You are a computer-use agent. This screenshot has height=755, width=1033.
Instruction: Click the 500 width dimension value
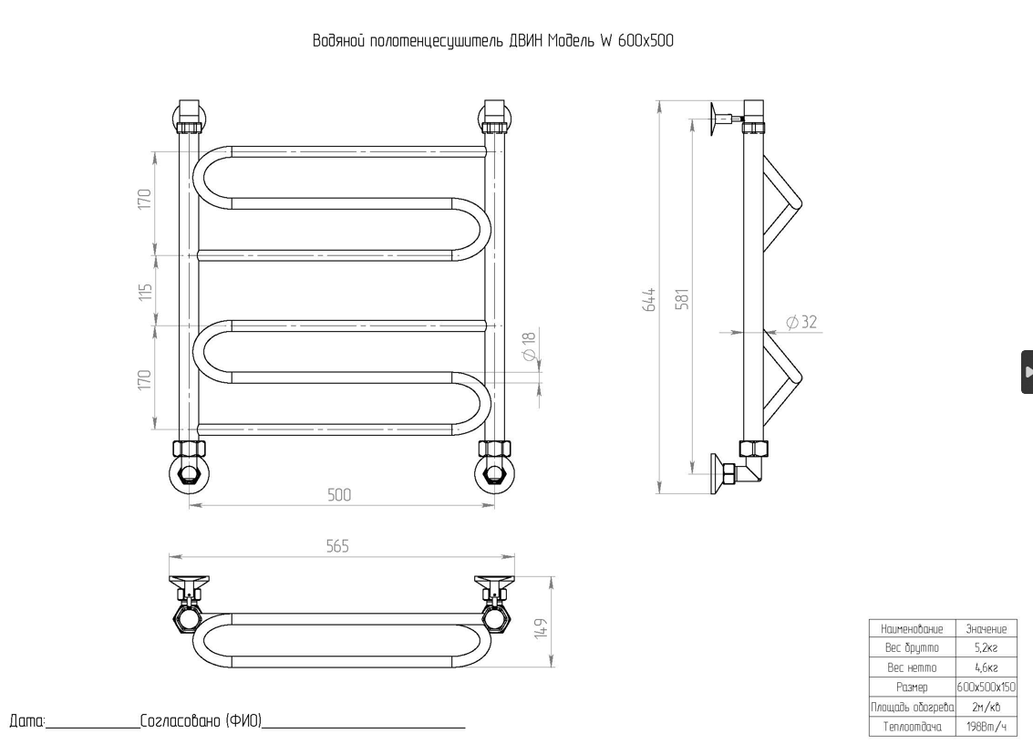(x=339, y=495)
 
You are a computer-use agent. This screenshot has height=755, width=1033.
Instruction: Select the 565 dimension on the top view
(x=338, y=545)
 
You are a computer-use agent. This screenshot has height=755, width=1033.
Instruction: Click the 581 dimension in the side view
(x=681, y=299)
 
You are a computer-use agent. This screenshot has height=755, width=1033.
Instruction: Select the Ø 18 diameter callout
(x=529, y=347)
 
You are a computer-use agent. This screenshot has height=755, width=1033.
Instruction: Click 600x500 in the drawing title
(x=645, y=41)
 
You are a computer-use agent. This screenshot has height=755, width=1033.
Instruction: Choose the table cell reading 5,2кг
(x=986, y=647)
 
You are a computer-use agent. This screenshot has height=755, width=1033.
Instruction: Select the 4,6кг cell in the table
(x=986, y=667)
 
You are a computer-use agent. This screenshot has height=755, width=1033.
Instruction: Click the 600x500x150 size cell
(x=986, y=687)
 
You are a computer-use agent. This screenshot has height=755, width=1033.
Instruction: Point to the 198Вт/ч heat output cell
(x=986, y=726)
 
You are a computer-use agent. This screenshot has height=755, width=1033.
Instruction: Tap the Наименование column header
(x=912, y=628)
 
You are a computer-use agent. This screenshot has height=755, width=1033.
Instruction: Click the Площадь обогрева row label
(x=912, y=707)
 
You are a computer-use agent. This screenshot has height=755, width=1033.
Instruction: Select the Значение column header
(x=986, y=628)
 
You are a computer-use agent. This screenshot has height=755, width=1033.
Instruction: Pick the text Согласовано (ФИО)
(x=201, y=721)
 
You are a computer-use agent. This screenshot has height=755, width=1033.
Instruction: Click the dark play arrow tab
(x=1028, y=372)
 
